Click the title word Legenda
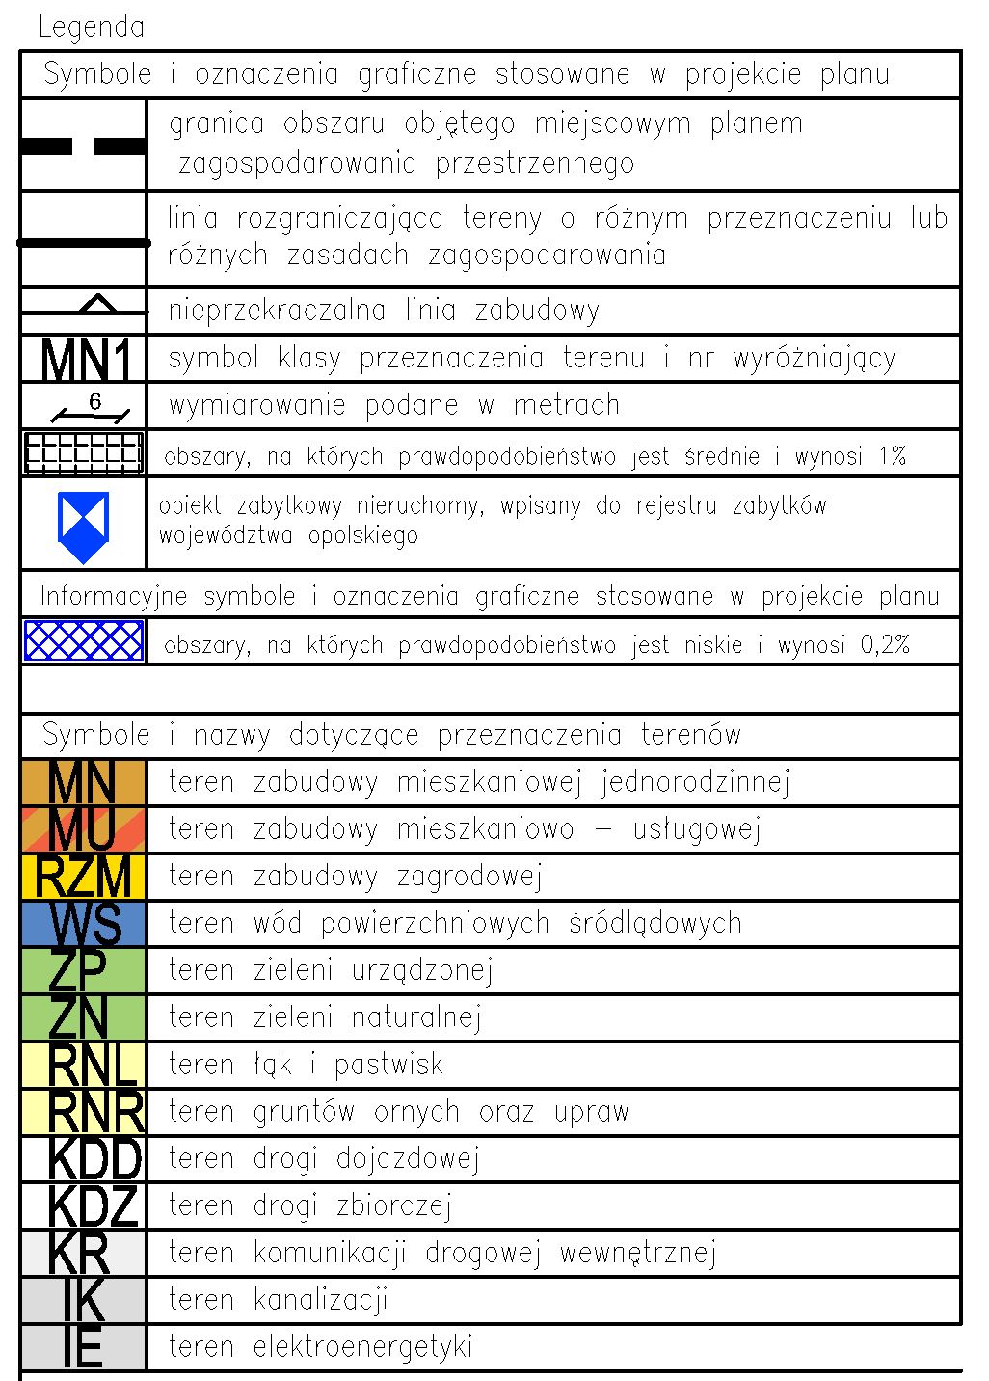point(92,27)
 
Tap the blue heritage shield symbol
point(84,527)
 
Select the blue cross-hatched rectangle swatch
point(84,641)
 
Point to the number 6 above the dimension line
point(94,401)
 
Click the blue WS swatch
point(84,924)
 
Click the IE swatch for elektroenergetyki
point(84,1347)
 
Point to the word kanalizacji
point(320,1300)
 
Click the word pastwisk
point(388,1065)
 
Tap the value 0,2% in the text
point(884,644)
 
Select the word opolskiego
point(363,536)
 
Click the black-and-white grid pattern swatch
point(84,452)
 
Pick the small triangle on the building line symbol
point(97,304)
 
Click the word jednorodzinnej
point(695,782)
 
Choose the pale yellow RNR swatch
point(84,1112)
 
